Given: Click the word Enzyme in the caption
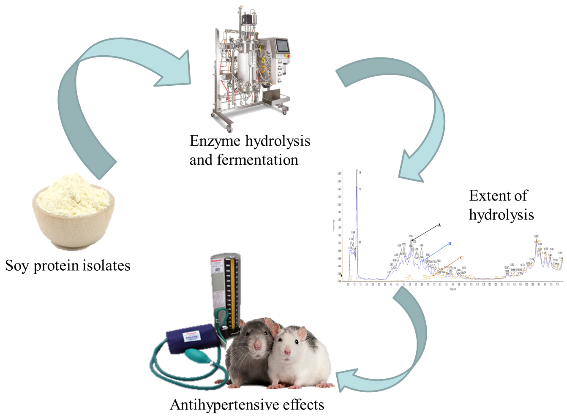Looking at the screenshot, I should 215,141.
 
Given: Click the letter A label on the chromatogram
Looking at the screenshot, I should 439,225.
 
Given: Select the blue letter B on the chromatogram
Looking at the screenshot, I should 450,244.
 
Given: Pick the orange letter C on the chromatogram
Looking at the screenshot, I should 461,258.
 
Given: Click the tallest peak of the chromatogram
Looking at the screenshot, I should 357,177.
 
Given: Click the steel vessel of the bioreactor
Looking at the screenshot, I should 244,63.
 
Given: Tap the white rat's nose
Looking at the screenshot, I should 288,352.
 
